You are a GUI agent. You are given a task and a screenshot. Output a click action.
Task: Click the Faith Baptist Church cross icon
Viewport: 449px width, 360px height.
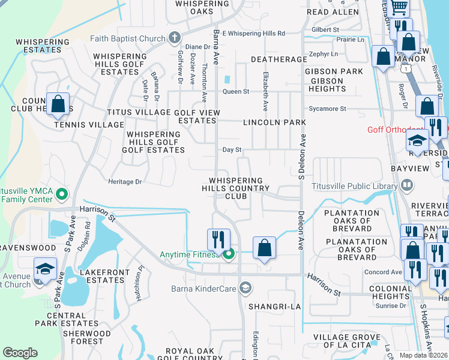pyautogui.click(x=174, y=38)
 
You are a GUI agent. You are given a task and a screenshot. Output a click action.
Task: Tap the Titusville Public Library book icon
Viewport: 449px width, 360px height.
pyautogui.click(x=406, y=186)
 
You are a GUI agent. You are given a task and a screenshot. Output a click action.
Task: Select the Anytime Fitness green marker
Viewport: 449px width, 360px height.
pyautogui.click(x=228, y=255)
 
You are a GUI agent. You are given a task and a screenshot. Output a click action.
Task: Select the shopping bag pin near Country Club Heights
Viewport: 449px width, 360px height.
pyautogui.click(x=58, y=104)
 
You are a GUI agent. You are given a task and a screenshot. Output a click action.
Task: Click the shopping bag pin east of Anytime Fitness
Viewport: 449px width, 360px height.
pyautogui.click(x=264, y=247)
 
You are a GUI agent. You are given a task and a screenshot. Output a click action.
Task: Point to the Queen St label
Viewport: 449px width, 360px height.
pyautogui.click(x=236, y=92)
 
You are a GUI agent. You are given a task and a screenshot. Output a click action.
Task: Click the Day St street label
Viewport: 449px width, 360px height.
pyautogui.click(x=232, y=150)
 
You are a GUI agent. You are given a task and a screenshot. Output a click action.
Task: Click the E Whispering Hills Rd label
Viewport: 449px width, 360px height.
pyautogui.click(x=253, y=34)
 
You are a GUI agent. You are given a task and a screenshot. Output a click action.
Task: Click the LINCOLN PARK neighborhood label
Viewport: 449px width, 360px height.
pyautogui.click(x=274, y=122)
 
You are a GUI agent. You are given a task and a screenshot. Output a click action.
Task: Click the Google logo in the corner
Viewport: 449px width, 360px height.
pyautogui.click(x=20, y=353)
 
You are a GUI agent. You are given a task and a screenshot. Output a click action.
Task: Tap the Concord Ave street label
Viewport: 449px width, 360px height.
pyautogui.click(x=384, y=272)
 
